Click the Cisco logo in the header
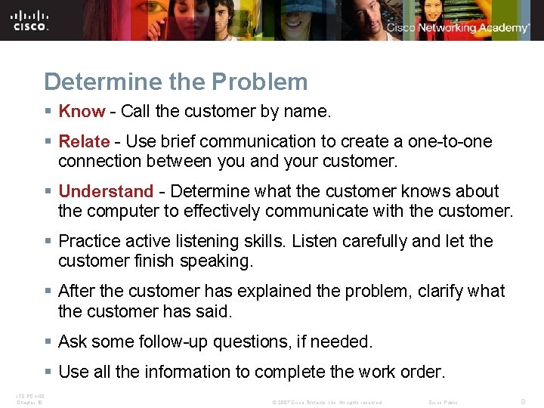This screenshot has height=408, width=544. pos(30,20)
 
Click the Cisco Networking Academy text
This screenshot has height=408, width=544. pos(458,28)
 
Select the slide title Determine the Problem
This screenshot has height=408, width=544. pos(176,82)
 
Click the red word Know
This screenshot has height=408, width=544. pos(82,112)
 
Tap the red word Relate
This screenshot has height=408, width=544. pos(84,141)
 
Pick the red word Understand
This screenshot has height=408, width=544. pos(105,191)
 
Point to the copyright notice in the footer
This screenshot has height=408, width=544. pos(326,402)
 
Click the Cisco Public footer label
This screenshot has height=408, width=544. pos(444,402)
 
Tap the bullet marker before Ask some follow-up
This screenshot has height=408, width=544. pos(48,342)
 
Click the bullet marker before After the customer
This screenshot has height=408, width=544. pos(48,292)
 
